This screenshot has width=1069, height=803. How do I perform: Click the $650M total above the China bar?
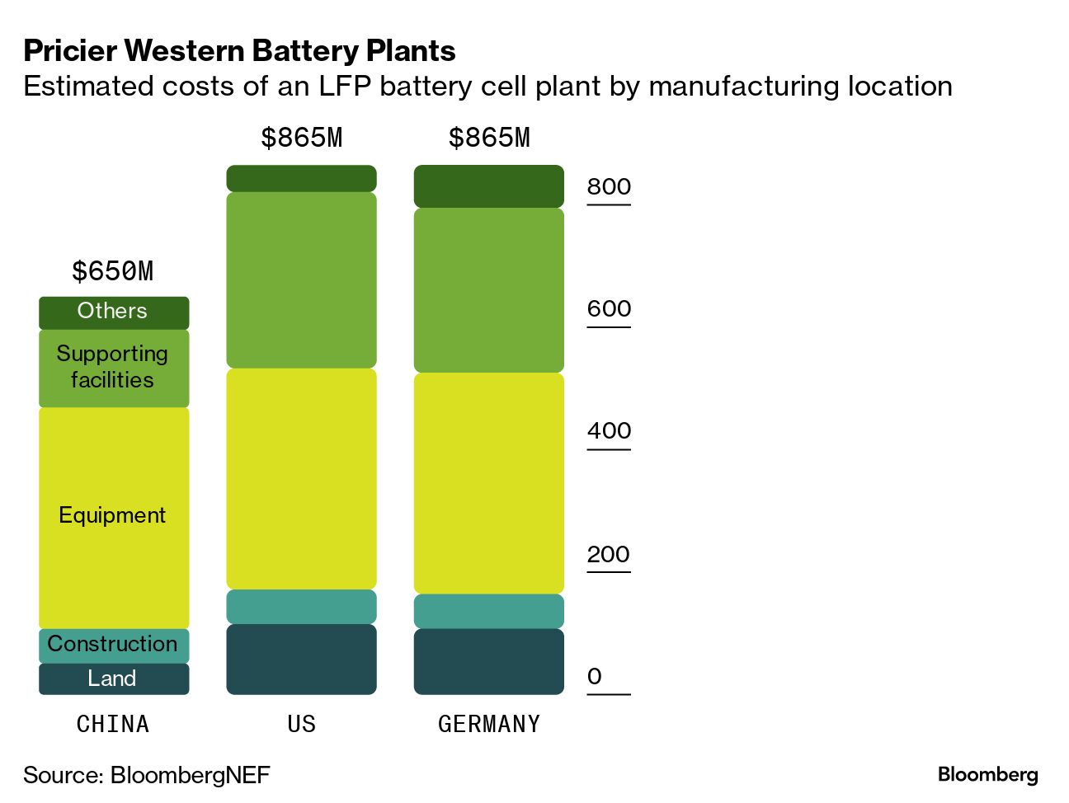pyautogui.click(x=113, y=271)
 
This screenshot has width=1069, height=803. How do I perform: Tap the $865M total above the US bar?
pyautogui.click(x=301, y=138)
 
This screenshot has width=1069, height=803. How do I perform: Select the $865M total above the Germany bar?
pyautogui.click(x=489, y=138)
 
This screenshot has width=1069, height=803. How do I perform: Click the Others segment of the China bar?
pyautogui.click(x=114, y=312)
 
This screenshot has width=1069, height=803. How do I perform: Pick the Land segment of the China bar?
pyautogui.click(x=114, y=679)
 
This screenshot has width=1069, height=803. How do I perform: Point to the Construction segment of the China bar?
pyautogui.click(x=114, y=645)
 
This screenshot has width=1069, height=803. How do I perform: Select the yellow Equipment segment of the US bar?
pyautogui.click(x=301, y=478)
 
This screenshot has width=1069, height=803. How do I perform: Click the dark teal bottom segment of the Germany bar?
pyautogui.click(x=488, y=661)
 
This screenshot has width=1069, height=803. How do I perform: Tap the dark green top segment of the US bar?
pyautogui.click(x=301, y=178)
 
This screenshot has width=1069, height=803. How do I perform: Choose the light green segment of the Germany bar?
pyautogui.click(x=488, y=290)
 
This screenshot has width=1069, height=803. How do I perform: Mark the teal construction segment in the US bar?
pyautogui.click(x=301, y=607)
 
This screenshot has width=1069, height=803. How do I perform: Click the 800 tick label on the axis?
pyautogui.click(x=609, y=187)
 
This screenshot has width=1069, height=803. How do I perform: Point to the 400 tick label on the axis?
pyautogui.click(x=609, y=431)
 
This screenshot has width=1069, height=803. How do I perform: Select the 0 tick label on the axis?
pyautogui.click(x=595, y=677)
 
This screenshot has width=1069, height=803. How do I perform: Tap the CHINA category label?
pyautogui.click(x=113, y=724)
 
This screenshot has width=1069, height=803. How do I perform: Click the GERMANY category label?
pyautogui.click(x=489, y=724)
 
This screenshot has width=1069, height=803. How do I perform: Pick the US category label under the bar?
pyautogui.click(x=301, y=724)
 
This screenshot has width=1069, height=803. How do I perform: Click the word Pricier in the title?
pyautogui.click(x=71, y=51)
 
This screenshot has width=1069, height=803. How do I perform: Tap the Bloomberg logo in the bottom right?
pyautogui.click(x=987, y=774)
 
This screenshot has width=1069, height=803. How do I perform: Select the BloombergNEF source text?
pyautogui.click(x=190, y=775)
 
